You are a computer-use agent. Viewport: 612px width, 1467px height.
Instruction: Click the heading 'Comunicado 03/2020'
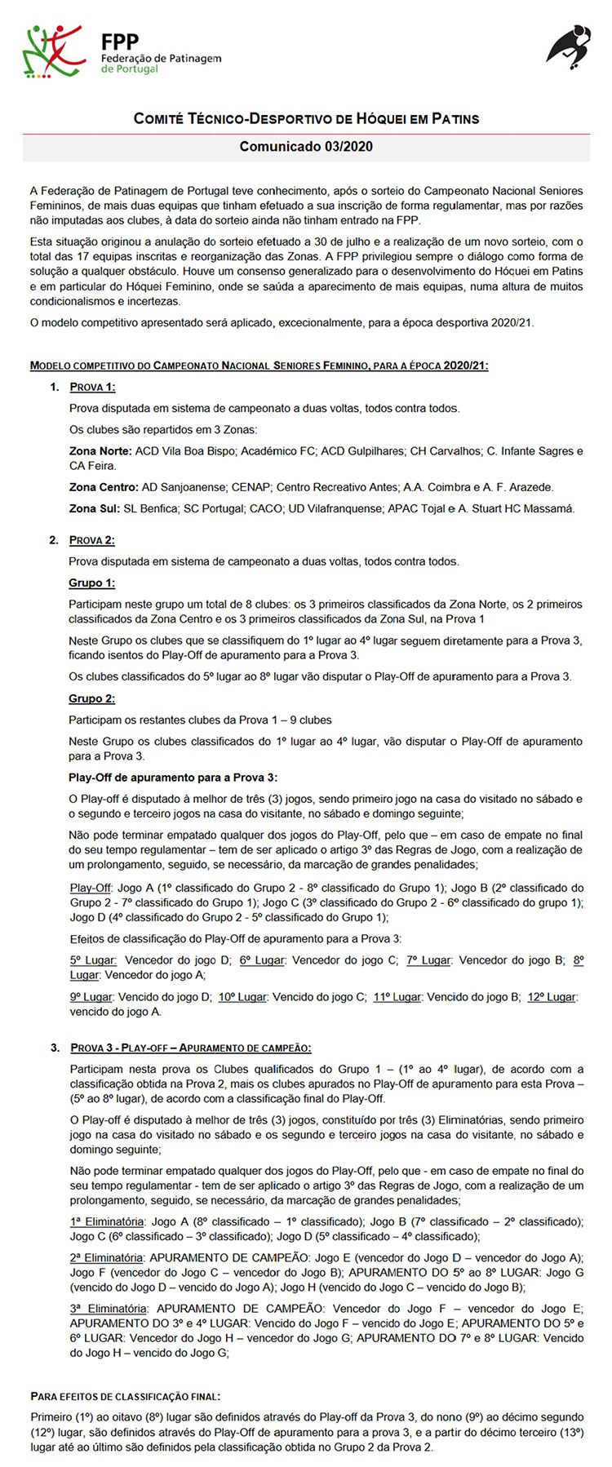(x=306, y=147)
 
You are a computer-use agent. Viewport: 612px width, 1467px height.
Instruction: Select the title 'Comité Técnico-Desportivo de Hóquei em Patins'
(x=306, y=119)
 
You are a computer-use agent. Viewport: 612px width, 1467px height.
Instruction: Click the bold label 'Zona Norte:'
(x=100, y=451)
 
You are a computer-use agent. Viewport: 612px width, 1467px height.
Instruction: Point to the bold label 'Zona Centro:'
(x=104, y=487)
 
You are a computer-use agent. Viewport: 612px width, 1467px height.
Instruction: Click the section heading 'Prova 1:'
(x=92, y=387)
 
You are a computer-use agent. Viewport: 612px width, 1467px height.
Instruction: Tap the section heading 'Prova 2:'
(x=92, y=540)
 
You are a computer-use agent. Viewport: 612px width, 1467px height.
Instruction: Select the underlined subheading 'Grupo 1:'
(x=91, y=583)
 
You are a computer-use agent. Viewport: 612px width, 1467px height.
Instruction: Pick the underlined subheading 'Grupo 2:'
(x=91, y=698)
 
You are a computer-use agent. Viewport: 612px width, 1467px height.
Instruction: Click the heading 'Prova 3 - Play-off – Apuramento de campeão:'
(x=190, y=1048)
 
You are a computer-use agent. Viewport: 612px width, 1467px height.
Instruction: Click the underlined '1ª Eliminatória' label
(x=107, y=1221)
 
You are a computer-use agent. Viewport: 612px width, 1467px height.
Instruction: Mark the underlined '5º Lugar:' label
(x=93, y=960)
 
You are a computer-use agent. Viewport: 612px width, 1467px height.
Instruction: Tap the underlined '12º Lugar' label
(x=552, y=996)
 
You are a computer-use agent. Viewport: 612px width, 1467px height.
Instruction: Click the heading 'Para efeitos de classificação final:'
(x=125, y=1396)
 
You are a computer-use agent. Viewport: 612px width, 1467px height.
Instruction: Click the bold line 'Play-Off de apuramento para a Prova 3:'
(x=173, y=778)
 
